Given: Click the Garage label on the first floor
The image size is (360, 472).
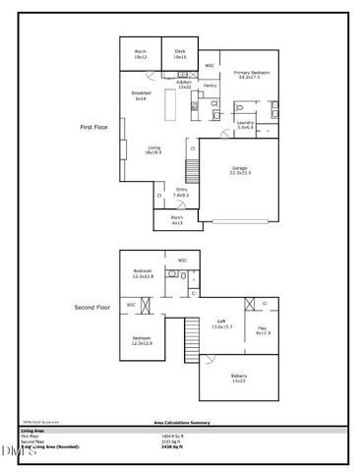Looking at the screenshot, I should tap(240, 170).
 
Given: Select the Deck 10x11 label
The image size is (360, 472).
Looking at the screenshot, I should tap(180, 55).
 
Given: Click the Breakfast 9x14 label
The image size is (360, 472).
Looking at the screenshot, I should tap(140, 95).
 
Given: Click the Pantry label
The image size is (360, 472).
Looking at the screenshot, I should tap(210, 86).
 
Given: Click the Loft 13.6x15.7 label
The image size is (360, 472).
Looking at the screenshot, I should tap(222, 325).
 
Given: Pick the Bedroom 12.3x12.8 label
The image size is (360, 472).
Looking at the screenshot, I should tap(144, 341).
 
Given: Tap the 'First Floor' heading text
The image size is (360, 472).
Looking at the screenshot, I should tap(94, 128).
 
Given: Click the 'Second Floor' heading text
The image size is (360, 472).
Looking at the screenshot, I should tap(90, 308).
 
